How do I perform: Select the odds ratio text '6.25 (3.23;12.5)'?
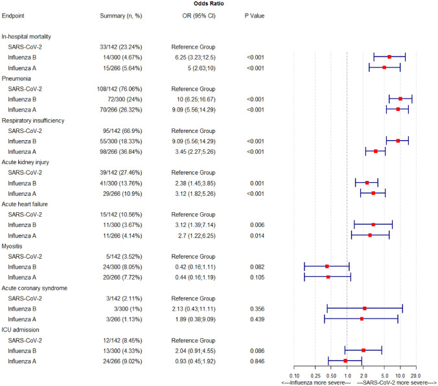pos(192,57)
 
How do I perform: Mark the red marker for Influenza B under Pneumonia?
pos(400,99)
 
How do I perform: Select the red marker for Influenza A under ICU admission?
pos(345,361)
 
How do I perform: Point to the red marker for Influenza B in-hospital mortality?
pos(389,57)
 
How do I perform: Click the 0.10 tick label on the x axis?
pos(294,375)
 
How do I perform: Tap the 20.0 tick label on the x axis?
pos(416,375)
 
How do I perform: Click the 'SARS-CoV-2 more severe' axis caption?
pos(397,382)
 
